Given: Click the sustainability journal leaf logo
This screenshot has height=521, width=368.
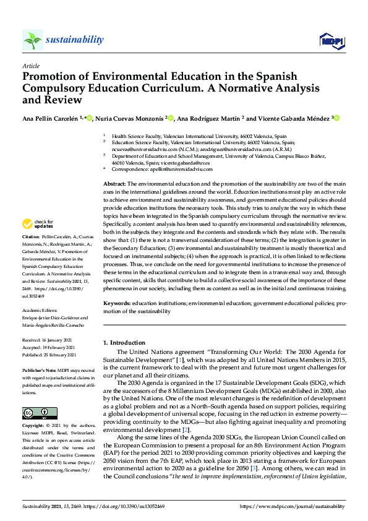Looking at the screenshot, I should coord(32,40).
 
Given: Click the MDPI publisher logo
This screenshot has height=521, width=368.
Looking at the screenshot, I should coord(331,41).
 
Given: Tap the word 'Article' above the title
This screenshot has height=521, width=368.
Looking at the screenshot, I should coord(30,65).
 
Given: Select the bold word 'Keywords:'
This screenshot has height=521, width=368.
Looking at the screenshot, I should coord(116,303).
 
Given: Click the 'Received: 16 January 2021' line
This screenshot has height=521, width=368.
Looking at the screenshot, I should coord(48,341).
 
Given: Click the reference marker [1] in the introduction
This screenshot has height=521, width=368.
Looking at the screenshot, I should coord(181,360).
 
